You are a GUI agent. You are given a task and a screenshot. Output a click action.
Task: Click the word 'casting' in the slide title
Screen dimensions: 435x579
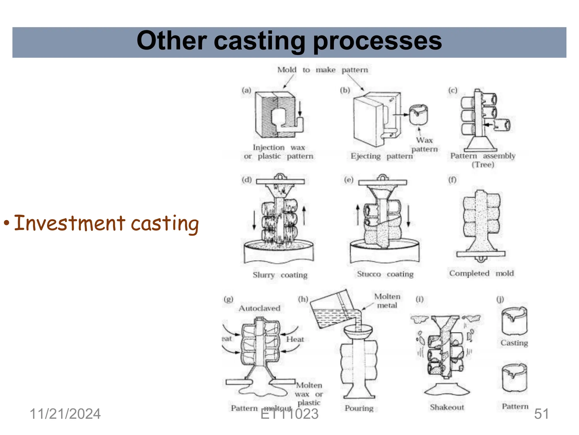259,41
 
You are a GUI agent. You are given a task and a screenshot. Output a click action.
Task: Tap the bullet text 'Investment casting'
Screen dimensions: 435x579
106,223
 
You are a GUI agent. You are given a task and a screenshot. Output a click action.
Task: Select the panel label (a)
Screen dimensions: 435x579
247,90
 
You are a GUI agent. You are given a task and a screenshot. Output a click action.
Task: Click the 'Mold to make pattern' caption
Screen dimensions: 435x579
323,70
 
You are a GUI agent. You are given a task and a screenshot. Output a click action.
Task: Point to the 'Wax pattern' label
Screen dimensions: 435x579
424,144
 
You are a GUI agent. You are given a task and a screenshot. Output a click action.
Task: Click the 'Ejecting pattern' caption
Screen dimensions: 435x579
381,156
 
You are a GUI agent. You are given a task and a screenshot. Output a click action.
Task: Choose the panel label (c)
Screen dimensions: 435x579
453,90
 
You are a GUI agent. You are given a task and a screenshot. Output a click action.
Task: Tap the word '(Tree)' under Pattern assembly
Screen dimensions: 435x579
483,165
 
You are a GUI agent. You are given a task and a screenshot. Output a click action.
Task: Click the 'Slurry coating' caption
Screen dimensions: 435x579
280,275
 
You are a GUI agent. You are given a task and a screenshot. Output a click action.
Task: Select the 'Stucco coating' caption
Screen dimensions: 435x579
385,274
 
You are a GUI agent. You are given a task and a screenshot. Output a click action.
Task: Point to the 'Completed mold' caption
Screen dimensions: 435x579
481,273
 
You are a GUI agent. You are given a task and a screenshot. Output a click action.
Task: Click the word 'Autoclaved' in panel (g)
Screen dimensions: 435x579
260,308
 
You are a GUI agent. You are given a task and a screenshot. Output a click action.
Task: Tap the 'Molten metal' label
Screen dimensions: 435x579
387,301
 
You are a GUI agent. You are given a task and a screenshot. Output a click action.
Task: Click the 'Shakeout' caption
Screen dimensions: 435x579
447,407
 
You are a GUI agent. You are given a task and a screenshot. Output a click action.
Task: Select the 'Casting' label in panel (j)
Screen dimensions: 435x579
514,343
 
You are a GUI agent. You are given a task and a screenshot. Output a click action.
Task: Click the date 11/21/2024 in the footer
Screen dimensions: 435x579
65,414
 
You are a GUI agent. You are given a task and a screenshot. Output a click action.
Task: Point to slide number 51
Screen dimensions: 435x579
541,414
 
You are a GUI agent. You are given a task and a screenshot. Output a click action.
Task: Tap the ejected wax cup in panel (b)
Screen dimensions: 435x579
418,114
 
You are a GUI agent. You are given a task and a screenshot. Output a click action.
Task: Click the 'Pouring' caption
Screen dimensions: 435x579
359,408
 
